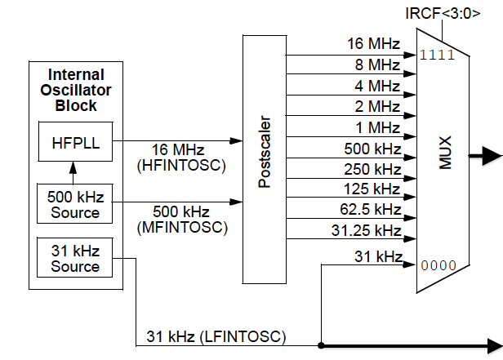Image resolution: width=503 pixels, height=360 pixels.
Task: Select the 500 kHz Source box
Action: coord(74,204)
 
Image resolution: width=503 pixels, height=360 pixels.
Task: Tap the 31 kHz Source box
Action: coord(74,259)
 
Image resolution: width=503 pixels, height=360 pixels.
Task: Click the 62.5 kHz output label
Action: coord(372,209)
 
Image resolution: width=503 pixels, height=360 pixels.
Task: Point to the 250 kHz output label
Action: coord(372,169)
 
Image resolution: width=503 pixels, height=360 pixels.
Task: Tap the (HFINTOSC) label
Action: coord(178,165)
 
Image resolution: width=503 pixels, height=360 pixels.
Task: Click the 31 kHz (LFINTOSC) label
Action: coord(216,336)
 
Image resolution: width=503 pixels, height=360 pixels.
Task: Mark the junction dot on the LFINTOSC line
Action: coord(323,344)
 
